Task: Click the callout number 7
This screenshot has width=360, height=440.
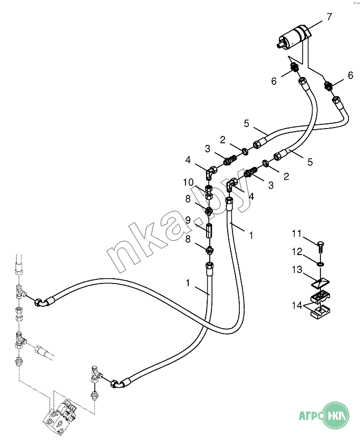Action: tap(329, 17)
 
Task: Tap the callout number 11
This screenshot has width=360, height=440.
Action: tap(296, 233)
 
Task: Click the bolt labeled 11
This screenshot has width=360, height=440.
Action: tap(321, 245)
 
